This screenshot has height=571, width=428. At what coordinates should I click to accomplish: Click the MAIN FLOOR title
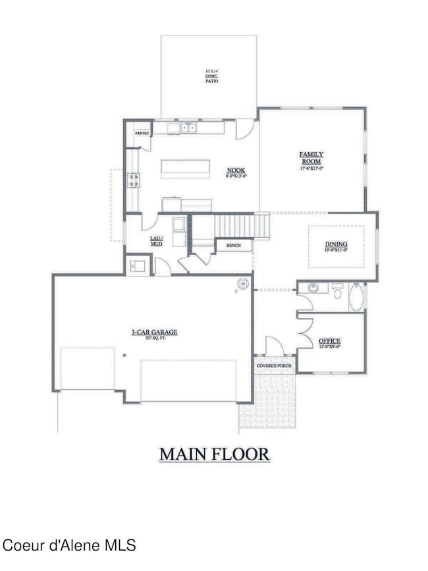click(214, 454)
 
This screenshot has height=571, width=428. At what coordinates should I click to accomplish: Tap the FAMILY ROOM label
click(311, 157)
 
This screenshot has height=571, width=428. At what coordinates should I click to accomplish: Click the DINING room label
click(336, 245)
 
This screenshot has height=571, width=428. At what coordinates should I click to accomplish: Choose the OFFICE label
click(329, 341)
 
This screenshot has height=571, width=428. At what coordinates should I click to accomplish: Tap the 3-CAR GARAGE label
click(154, 333)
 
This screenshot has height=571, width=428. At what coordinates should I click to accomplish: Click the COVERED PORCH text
click(274, 366)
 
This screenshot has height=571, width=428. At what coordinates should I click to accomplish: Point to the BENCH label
click(234, 246)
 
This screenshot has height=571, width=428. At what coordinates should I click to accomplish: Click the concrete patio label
click(211, 76)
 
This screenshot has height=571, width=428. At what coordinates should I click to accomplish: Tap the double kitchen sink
click(187, 128)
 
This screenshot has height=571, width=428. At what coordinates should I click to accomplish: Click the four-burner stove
click(133, 179)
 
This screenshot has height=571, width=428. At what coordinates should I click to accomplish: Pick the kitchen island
click(184, 169)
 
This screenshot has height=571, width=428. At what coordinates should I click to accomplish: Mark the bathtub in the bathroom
click(355, 296)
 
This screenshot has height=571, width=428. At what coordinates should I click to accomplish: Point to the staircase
click(242, 227)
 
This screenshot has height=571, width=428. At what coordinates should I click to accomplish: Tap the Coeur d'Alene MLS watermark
click(69, 545)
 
